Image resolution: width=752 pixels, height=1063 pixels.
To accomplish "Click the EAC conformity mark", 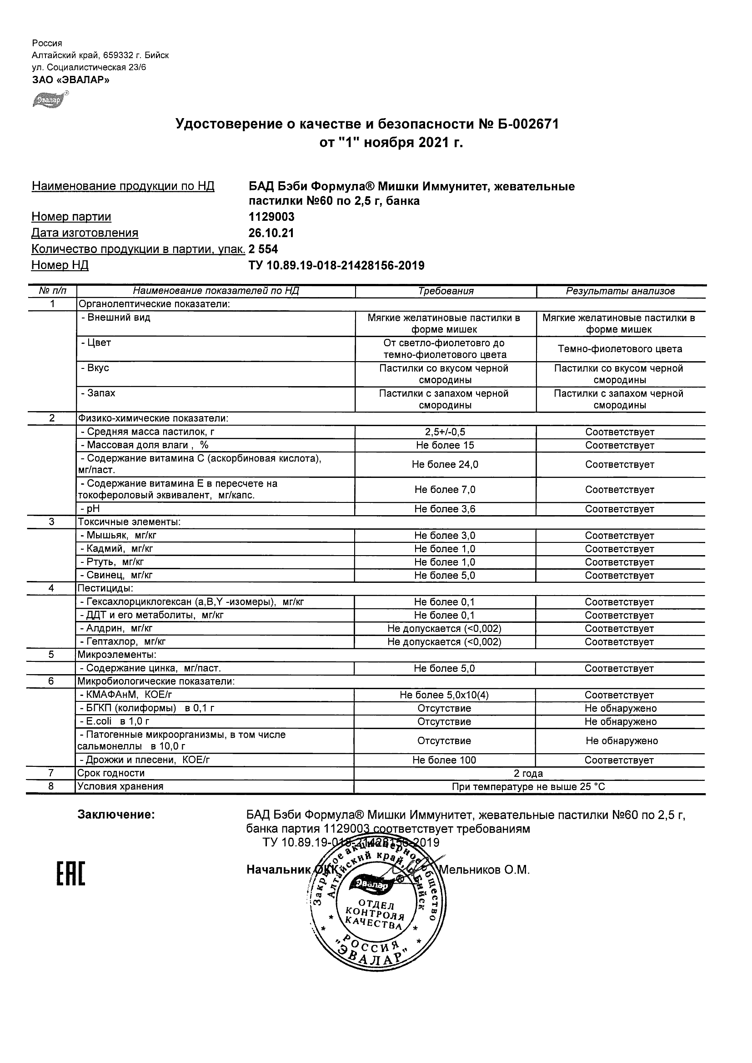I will pos(71,874).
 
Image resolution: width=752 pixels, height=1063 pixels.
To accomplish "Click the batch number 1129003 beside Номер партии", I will pos(271,217).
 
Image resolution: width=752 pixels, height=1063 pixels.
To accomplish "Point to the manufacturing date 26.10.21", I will pos(271,233).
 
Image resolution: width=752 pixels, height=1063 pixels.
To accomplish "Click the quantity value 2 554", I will pos(263,249).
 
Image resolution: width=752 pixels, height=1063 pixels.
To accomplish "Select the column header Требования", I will pos(446,291).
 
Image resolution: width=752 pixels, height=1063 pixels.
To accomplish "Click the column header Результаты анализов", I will pos(621,291).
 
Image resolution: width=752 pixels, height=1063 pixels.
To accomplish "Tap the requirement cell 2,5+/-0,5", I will pos(445,432).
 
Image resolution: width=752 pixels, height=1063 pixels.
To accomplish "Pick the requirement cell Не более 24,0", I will pos(445,464).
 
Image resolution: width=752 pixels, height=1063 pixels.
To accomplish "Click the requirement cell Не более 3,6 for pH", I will pos(445,509).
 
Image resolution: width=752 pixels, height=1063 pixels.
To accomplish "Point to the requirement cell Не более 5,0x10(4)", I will pos(444,695).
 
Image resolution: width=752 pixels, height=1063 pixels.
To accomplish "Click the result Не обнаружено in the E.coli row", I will pos(621,722).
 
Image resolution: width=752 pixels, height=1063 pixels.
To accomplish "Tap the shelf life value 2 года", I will pos(528,773).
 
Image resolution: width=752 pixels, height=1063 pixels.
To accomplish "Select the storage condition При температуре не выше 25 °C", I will pos(528,787).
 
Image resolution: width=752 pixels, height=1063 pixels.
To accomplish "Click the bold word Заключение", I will pos(116,815).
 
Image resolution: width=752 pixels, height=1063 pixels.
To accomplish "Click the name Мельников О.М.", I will pos(484,870).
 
